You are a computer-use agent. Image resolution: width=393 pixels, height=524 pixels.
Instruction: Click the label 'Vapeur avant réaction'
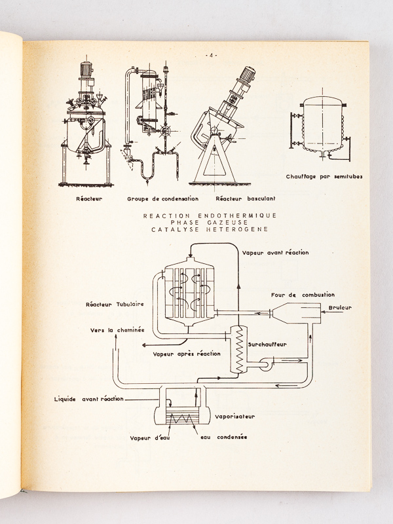(x=275, y=252)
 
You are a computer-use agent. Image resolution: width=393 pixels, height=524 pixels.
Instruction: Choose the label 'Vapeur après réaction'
(x=187, y=354)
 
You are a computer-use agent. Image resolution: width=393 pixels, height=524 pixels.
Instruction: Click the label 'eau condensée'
(x=224, y=438)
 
